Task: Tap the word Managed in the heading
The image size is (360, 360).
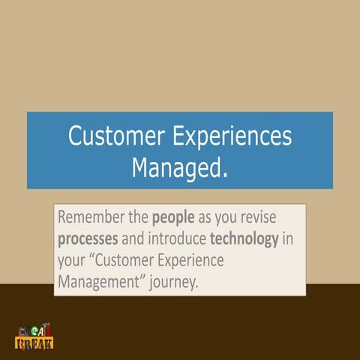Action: (x=175, y=166)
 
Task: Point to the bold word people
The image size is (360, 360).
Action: (x=174, y=219)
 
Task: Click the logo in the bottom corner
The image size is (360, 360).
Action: (x=34, y=338)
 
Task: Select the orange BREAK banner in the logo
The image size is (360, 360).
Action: (x=34, y=344)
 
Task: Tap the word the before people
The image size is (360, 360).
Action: (x=139, y=219)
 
